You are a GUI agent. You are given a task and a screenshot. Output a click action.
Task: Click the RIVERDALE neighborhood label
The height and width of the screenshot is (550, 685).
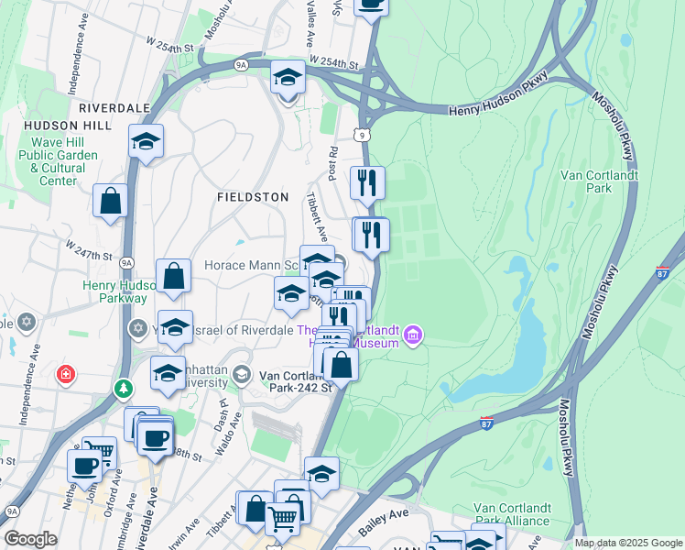tap(114, 107)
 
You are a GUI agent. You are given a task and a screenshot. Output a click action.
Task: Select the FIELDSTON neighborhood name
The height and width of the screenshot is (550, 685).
tap(253, 197)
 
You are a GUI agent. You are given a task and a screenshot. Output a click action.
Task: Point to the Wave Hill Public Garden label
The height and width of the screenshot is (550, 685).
tap(64, 161)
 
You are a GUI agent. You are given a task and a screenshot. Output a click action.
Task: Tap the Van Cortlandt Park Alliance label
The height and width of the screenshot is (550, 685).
tap(512, 514)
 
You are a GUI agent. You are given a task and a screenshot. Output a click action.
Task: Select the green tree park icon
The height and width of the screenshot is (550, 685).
tap(123, 390)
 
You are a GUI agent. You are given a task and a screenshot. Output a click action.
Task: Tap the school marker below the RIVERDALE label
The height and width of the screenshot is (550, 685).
tap(146, 141)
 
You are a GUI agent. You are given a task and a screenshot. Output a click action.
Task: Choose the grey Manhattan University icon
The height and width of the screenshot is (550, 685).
tap(242, 373)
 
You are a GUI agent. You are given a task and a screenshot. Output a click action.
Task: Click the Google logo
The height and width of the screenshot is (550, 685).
tap(30, 539)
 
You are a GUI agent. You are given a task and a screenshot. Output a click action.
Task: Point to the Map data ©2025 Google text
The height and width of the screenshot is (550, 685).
tap(627, 543)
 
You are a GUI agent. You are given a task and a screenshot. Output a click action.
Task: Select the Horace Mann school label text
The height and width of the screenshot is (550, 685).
tap(253, 265)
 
